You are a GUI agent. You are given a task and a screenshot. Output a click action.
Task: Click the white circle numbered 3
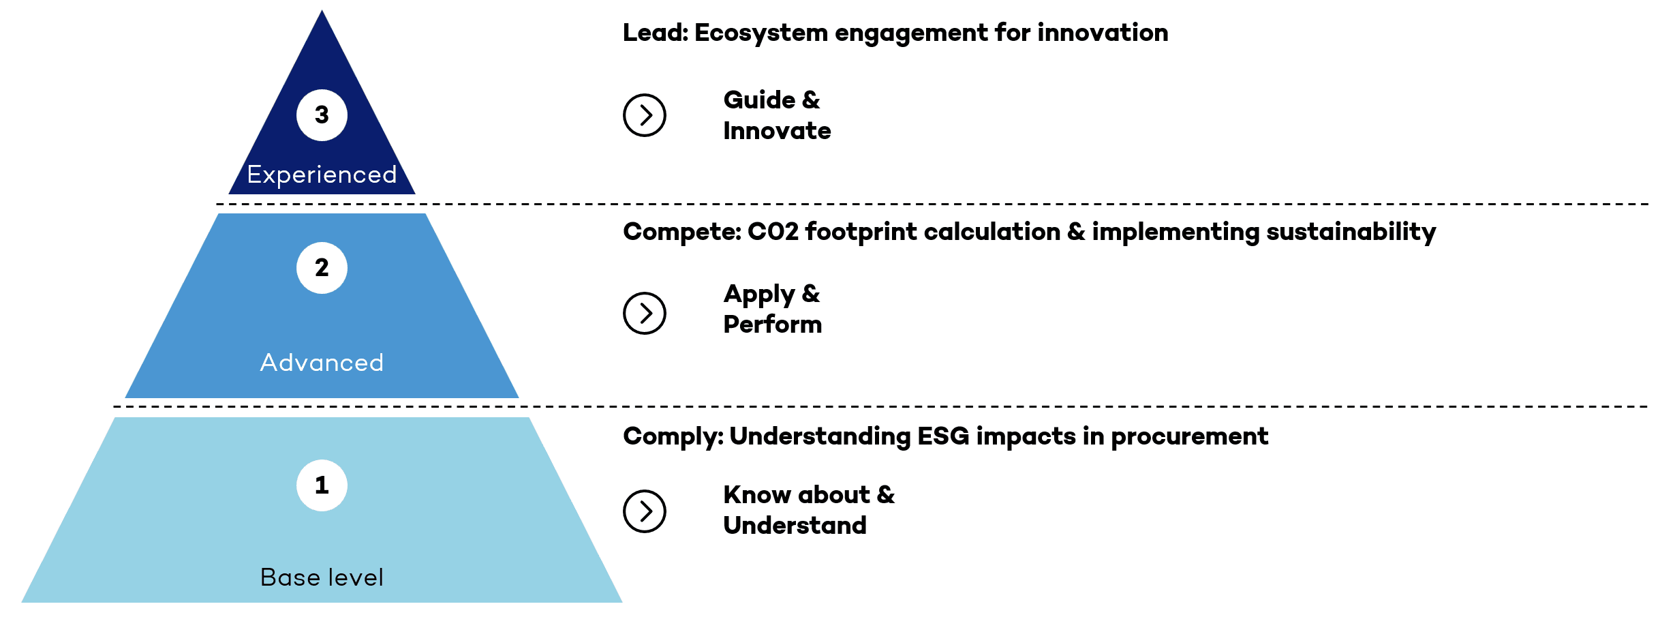click(322, 115)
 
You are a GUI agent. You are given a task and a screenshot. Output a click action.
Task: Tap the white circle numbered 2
click(322, 268)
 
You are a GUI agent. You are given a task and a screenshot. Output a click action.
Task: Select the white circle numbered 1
click(322, 485)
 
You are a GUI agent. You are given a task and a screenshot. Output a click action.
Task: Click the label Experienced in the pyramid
click(322, 175)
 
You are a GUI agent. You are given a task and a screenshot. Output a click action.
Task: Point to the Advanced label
click(322, 363)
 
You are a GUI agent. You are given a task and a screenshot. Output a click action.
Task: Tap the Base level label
click(322, 577)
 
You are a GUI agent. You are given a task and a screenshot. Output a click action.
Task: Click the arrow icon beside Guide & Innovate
click(644, 115)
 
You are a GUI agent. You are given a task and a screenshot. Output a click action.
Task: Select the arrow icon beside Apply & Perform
click(644, 314)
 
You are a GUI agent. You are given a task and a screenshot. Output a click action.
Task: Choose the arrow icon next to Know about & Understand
click(644, 511)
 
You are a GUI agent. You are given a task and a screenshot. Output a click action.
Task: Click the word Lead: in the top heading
click(656, 33)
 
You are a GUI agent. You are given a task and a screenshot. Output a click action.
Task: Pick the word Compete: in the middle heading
click(681, 232)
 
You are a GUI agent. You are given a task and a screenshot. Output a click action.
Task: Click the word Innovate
click(777, 131)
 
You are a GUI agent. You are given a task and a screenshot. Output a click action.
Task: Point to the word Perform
click(772, 325)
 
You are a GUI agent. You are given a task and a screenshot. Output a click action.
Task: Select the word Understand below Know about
click(795, 526)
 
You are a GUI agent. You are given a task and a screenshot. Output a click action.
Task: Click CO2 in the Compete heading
click(773, 232)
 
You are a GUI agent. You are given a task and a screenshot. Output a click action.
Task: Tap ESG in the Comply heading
click(943, 436)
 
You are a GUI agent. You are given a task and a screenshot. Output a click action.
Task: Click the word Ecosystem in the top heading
click(761, 33)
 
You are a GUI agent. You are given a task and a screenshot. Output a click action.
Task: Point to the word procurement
click(1189, 436)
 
